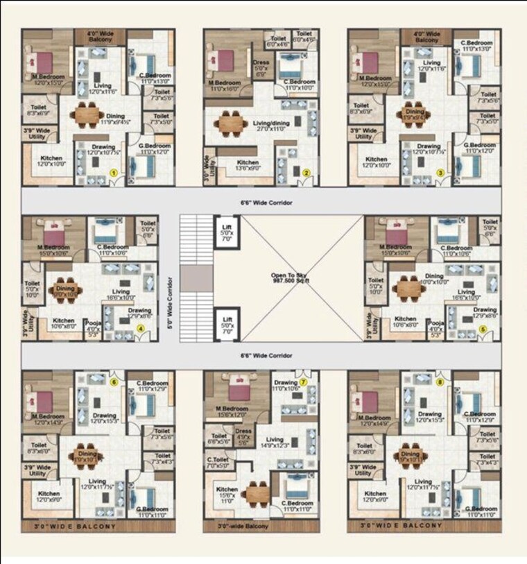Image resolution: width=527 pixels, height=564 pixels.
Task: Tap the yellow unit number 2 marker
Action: (x=306, y=173)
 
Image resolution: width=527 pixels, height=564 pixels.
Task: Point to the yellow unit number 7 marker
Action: (x=303, y=382)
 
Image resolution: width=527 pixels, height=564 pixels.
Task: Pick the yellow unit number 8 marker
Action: (x=440, y=382)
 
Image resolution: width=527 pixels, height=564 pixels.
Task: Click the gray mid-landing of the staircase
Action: (x=198, y=278)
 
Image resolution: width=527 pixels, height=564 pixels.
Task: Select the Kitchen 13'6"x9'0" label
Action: (x=248, y=165)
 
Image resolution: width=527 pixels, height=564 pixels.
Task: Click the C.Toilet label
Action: (x=216, y=461)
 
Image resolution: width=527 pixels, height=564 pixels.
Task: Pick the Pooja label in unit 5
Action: (x=436, y=326)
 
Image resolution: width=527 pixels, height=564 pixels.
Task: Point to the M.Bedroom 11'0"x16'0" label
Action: (x=225, y=85)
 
